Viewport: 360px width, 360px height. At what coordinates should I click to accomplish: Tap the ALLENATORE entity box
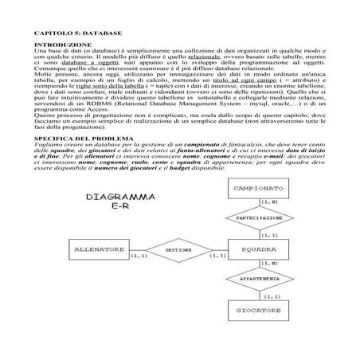[x=100, y=249]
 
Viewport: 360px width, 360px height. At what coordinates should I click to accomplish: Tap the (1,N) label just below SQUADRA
[x=268, y=264]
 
